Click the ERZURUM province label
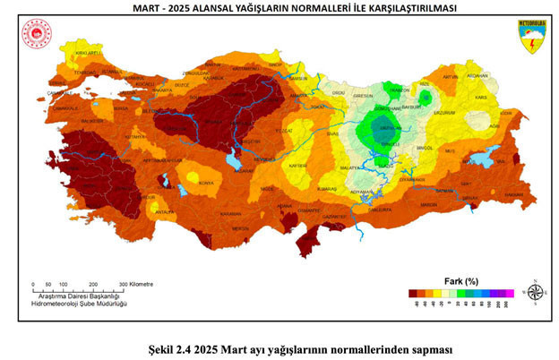pyautogui.click(x=444, y=114)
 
